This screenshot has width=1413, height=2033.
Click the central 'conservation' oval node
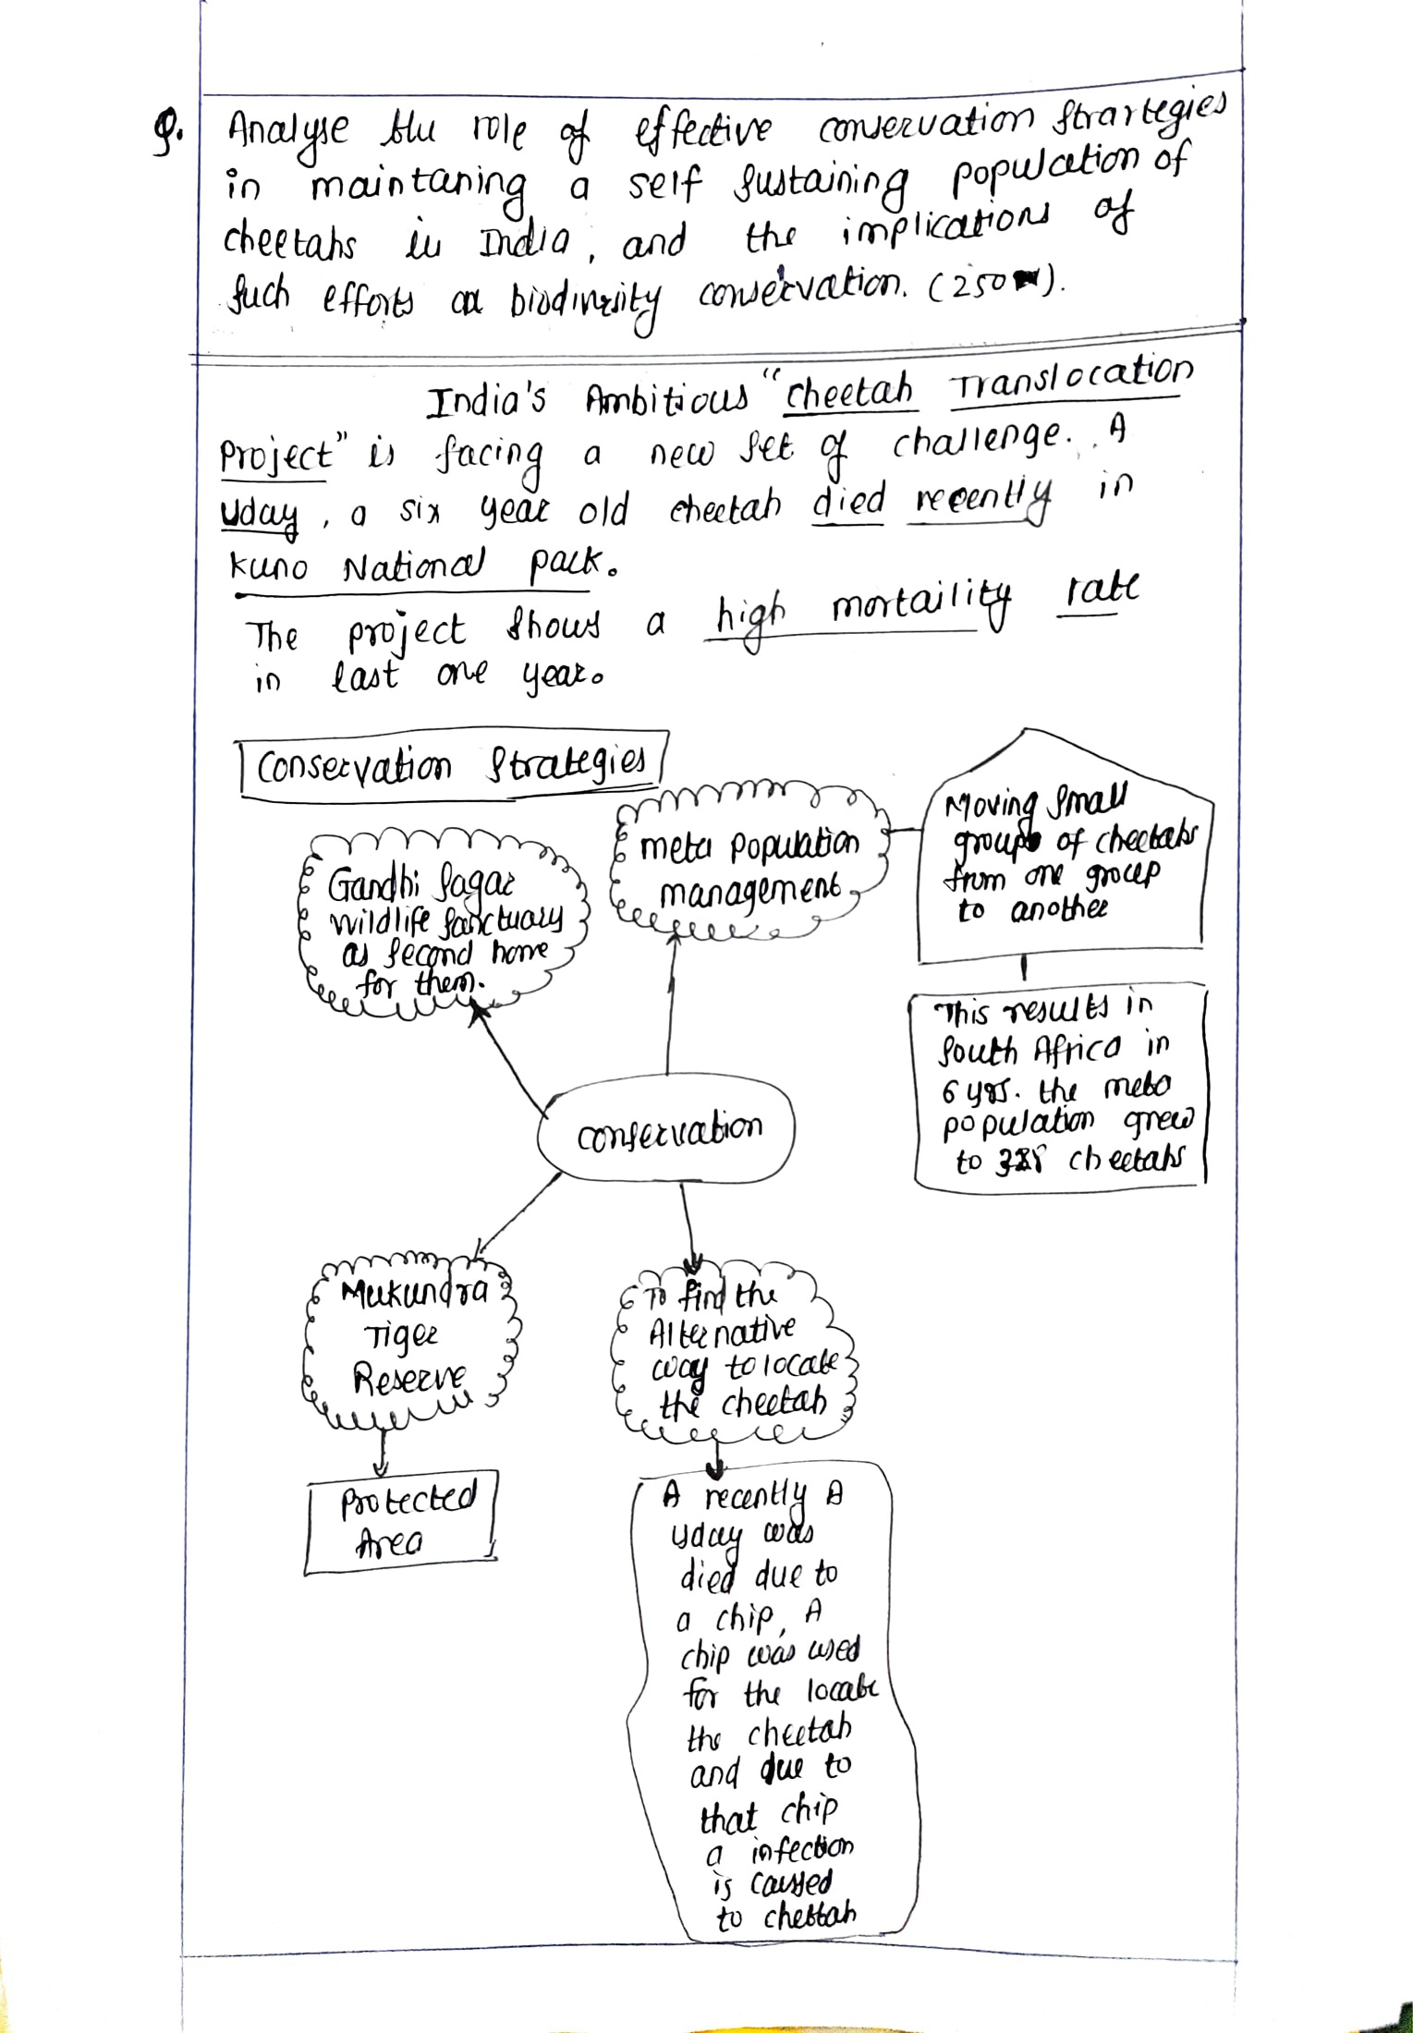tap(668, 1128)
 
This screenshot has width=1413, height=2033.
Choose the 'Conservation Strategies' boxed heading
tap(450, 766)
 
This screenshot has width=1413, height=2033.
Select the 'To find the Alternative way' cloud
tap(730, 1354)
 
